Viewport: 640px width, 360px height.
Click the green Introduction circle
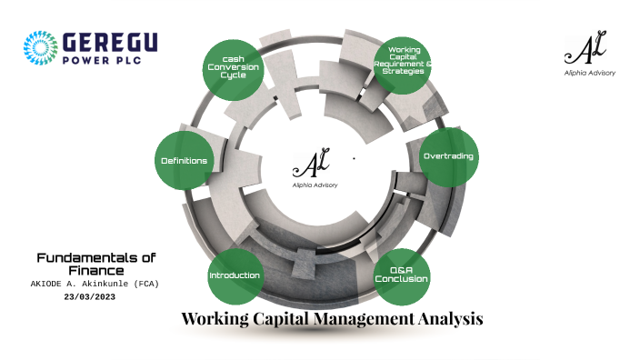point(235,275)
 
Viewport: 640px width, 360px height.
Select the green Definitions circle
point(185,160)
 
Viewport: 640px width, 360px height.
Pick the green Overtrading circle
point(448,156)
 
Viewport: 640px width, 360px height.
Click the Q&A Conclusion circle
point(402,275)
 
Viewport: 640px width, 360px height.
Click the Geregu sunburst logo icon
point(40,48)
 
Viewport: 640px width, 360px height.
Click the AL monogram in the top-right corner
point(588,47)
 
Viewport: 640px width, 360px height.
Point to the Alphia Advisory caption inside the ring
point(315,185)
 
